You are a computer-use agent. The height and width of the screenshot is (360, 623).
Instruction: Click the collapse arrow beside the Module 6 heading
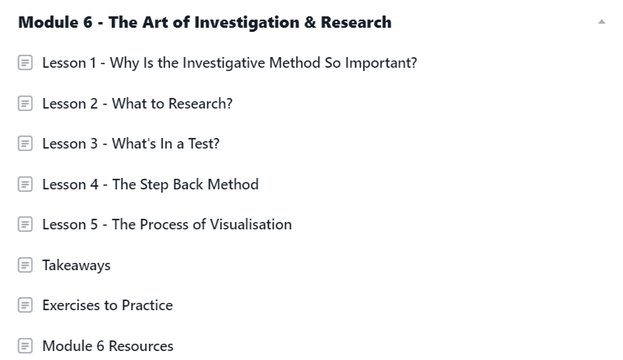(x=602, y=22)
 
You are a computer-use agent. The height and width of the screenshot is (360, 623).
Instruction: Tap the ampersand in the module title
(x=310, y=22)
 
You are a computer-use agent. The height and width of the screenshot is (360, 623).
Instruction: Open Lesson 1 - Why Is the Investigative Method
(x=229, y=63)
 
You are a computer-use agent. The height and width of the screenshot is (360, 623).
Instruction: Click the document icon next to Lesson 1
(x=25, y=62)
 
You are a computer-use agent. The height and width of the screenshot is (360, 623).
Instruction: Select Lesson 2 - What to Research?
(x=137, y=104)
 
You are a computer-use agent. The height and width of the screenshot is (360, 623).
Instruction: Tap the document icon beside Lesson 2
(x=25, y=104)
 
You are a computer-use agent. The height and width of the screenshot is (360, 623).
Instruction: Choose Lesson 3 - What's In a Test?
(x=131, y=144)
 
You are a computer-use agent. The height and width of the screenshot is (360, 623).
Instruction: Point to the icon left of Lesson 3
(x=25, y=144)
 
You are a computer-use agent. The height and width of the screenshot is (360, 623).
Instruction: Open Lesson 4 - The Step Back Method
(x=150, y=184)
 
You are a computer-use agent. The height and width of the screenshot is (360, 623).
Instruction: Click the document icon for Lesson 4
(x=25, y=184)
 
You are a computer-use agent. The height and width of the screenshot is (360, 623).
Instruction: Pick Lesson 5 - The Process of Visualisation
(x=167, y=224)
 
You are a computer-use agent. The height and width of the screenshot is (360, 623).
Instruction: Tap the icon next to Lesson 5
(x=25, y=224)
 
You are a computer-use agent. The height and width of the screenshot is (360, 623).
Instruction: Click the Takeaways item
(x=76, y=265)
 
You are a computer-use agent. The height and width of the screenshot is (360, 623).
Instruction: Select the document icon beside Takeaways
(x=25, y=265)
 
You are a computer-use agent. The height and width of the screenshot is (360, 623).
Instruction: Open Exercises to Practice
(x=108, y=305)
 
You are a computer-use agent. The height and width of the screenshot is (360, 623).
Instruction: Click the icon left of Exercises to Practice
(x=25, y=305)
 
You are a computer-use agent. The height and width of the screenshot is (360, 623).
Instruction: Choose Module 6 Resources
(x=108, y=346)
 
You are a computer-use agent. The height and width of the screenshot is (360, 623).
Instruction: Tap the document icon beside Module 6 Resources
(x=25, y=345)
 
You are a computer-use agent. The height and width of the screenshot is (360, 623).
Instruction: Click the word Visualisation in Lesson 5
(x=251, y=224)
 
